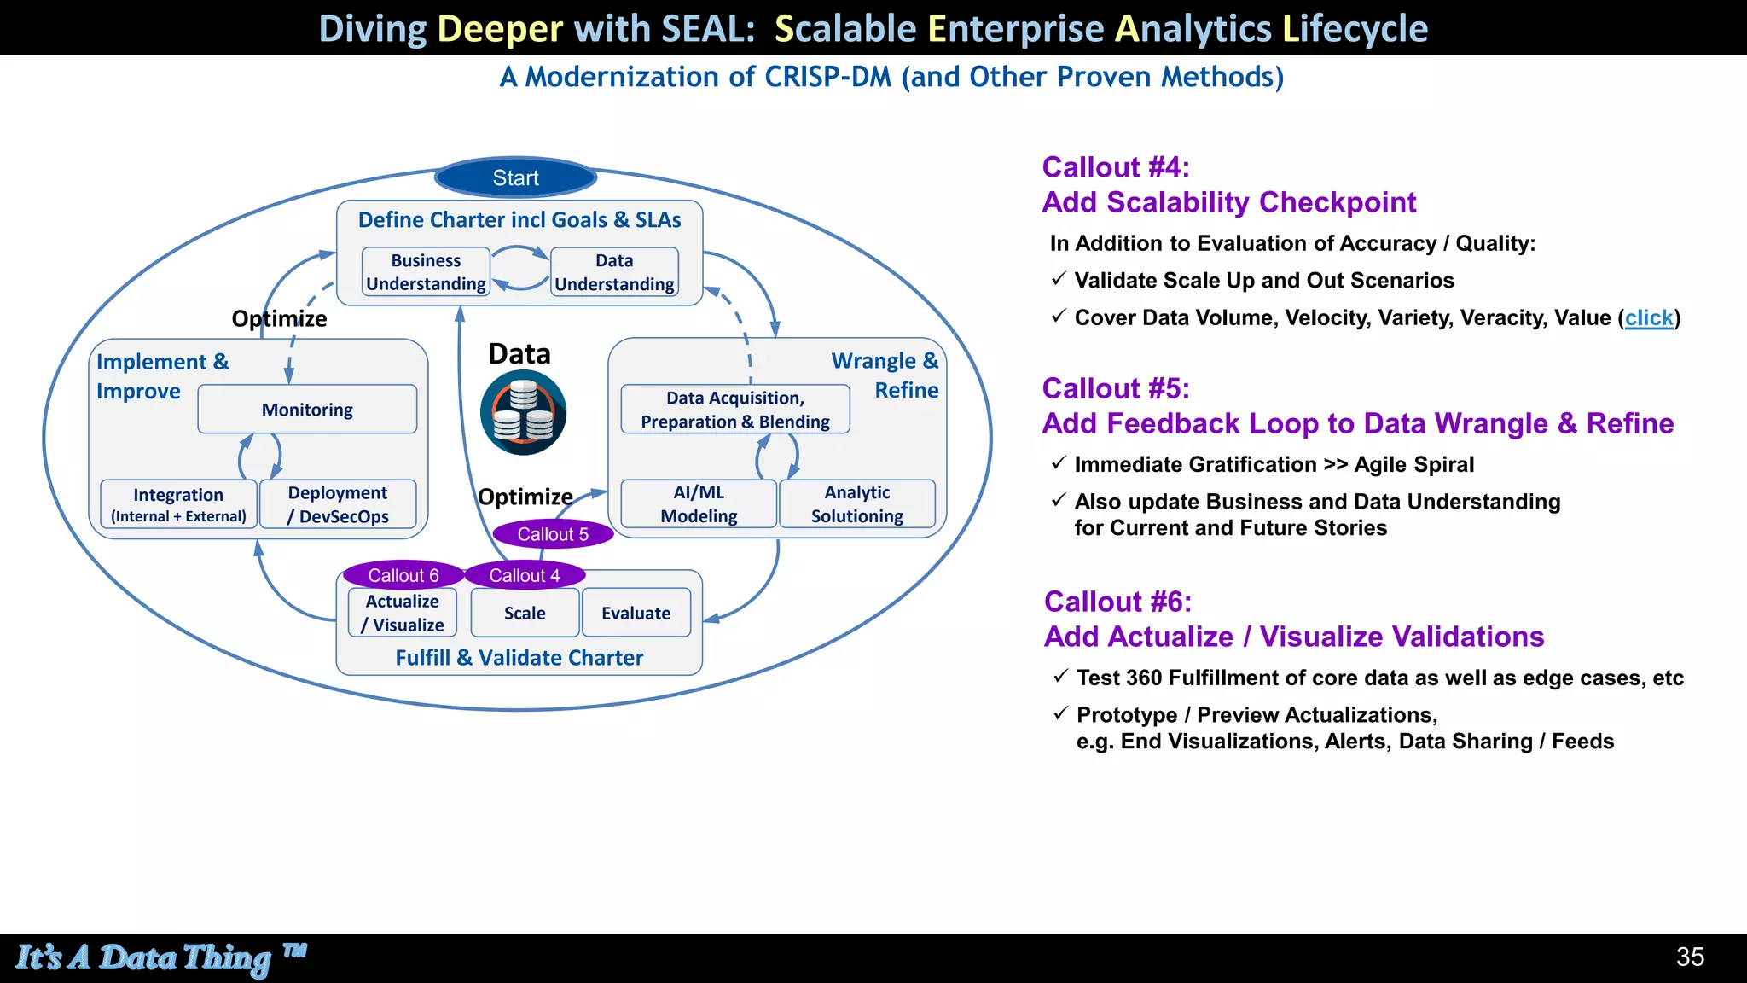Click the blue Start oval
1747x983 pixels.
coord(515,177)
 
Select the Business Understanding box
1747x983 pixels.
coord(426,272)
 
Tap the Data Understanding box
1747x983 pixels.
coord(614,272)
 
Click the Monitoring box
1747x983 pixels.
coord(307,410)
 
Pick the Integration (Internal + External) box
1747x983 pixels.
coord(178,504)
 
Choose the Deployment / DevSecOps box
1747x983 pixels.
coord(338,504)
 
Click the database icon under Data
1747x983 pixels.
coord(523,413)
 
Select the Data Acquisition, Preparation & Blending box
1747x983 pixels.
coord(735,410)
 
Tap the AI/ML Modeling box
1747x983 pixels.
coord(699,504)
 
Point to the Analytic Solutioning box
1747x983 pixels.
coord(856,504)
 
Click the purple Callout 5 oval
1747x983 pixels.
coord(553,534)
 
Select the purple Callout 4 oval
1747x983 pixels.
coord(525,575)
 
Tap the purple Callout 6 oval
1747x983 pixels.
coord(403,575)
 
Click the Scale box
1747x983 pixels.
coord(525,613)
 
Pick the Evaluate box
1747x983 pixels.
coord(636,613)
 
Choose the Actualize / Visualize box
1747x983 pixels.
coord(403,613)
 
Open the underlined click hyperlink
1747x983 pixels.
coord(1648,317)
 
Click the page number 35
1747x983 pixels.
coord(1689,957)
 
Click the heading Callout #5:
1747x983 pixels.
coord(1115,388)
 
